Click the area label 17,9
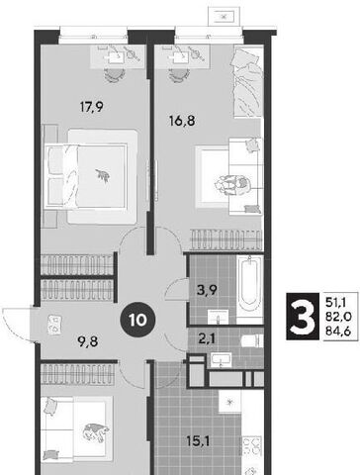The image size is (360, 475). [x=92, y=107]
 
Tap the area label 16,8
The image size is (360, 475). [x=182, y=121]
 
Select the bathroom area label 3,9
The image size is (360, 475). [x=207, y=290]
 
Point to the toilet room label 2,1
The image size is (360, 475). [x=206, y=338]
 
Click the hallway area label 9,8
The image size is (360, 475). [x=88, y=341]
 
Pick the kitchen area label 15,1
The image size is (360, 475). [x=198, y=441]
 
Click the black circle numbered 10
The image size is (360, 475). [x=137, y=320]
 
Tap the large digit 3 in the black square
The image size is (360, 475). [x=302, y=317]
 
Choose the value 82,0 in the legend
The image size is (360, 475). [x=338, y=316]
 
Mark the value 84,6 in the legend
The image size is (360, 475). [x=338, y=331]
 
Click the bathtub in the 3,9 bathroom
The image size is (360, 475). [x=250, y=286]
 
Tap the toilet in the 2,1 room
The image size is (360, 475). [x=252, y=340]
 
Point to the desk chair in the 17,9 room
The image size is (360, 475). [x=115, y=75]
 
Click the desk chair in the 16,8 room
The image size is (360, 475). [x=179, y=75]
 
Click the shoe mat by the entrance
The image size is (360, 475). [x=53, y=325]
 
